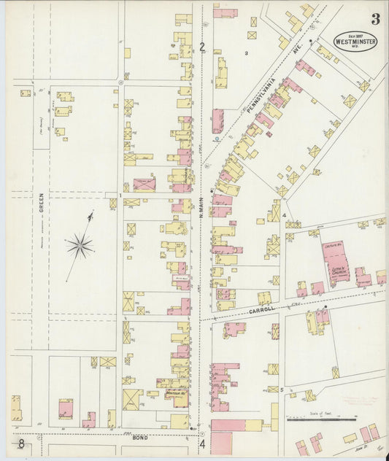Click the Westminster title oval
click(355, 41)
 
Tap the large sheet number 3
click(374, 19)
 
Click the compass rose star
click(79, 246)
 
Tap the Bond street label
click(139, 439)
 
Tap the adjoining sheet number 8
click(22, 443)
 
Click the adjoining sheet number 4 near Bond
click(202, 443)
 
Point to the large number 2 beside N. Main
click(202, 48)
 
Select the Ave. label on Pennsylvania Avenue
click(298, 50)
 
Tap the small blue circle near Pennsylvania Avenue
click(217, 138)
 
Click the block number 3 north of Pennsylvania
click(247, 53)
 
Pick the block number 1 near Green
click(119, 195)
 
